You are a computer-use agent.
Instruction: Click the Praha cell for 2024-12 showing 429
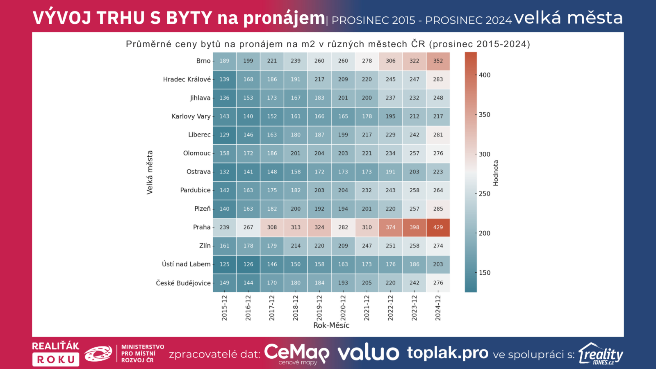[438, 227]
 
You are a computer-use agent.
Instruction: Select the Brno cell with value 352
[438, 61]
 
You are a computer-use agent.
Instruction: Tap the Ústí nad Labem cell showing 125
[224, 264]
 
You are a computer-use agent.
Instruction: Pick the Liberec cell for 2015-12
[224, 135]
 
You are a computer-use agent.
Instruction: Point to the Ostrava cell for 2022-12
[390, 172]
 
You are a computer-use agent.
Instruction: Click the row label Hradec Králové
[187, 79]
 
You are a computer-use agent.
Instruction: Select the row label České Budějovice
[183, 283]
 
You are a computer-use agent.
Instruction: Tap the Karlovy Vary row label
[191, 116]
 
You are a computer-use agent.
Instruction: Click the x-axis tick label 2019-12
[319, 307]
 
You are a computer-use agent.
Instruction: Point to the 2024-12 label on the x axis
[438, 307]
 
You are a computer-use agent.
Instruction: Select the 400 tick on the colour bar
[485, 75]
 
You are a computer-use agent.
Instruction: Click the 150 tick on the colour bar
[485, 273]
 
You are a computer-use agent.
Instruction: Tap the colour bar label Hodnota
[496, 173]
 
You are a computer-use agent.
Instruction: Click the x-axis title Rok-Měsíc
[331, 326]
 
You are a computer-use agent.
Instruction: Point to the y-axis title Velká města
[150, 172]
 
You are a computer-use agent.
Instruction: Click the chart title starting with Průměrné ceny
[328, 44]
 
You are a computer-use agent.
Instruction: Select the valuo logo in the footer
[368, 353]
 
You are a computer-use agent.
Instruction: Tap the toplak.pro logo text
[447, 353]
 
